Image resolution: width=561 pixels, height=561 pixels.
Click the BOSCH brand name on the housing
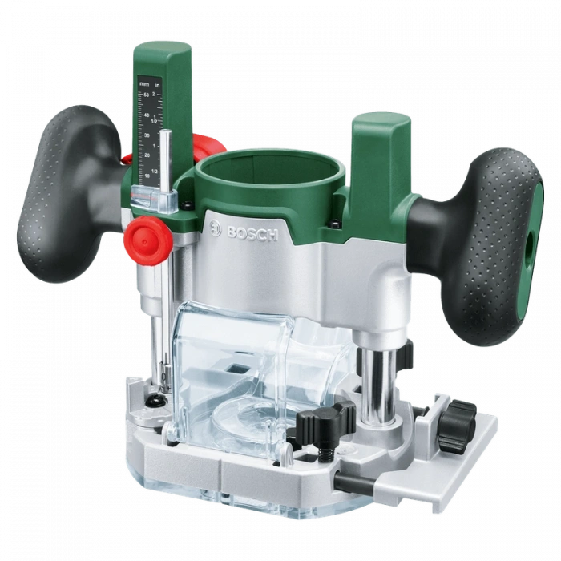[252, 232]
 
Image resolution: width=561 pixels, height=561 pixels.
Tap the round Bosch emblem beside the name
[215, 228]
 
